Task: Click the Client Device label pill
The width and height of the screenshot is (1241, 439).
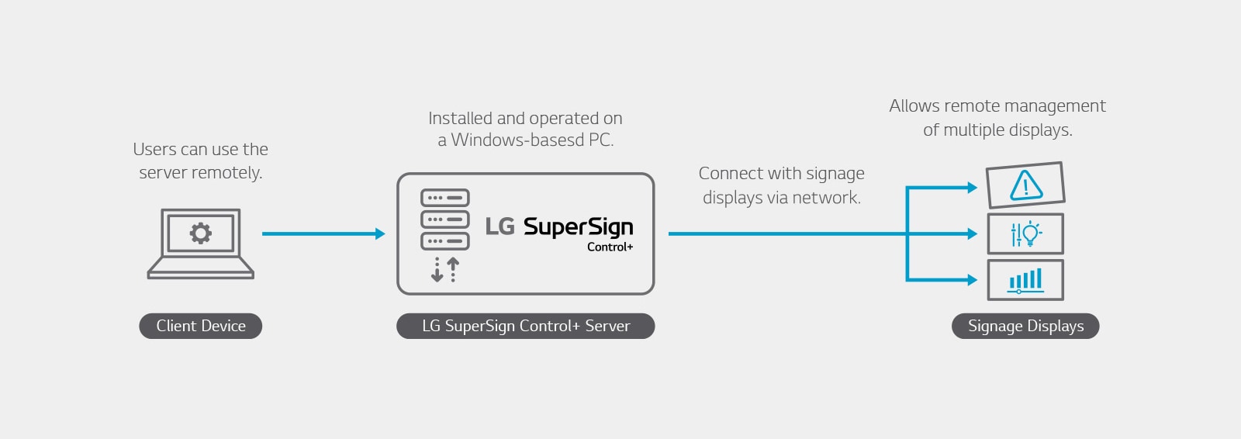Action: coord(200,326)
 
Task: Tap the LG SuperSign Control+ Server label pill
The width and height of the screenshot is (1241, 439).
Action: coord(525,326)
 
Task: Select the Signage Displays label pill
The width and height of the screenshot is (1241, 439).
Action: coord(1025,326)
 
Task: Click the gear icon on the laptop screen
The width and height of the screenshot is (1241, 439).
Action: coord(201,233)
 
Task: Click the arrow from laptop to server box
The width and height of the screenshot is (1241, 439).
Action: coord(323,233)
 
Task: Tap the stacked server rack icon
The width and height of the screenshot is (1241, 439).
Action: coord(444,219)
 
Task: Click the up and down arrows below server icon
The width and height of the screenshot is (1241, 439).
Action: coord(445,270)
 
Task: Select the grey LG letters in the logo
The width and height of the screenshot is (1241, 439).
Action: coord(500,226)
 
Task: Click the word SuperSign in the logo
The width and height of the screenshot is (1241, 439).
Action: coord(578,227)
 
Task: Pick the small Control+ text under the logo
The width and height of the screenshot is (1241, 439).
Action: coord(610,247)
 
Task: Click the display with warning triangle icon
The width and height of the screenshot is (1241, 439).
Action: coord(1025,185)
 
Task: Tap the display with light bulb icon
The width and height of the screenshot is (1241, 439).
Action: coord(1025,233)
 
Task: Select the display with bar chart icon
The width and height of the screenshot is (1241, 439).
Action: coord(1025,280)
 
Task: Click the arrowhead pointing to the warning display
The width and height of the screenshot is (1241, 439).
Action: coord(972,187)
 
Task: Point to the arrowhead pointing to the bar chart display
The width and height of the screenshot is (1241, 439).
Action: coord(972,280)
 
